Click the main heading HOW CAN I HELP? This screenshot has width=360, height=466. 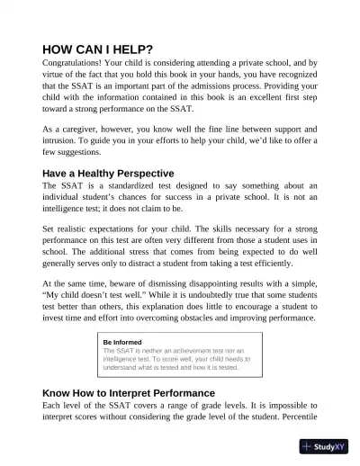coord(98,49)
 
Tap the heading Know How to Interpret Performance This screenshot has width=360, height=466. coord(129,393)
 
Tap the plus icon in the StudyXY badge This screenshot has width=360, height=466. coord(308,446)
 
